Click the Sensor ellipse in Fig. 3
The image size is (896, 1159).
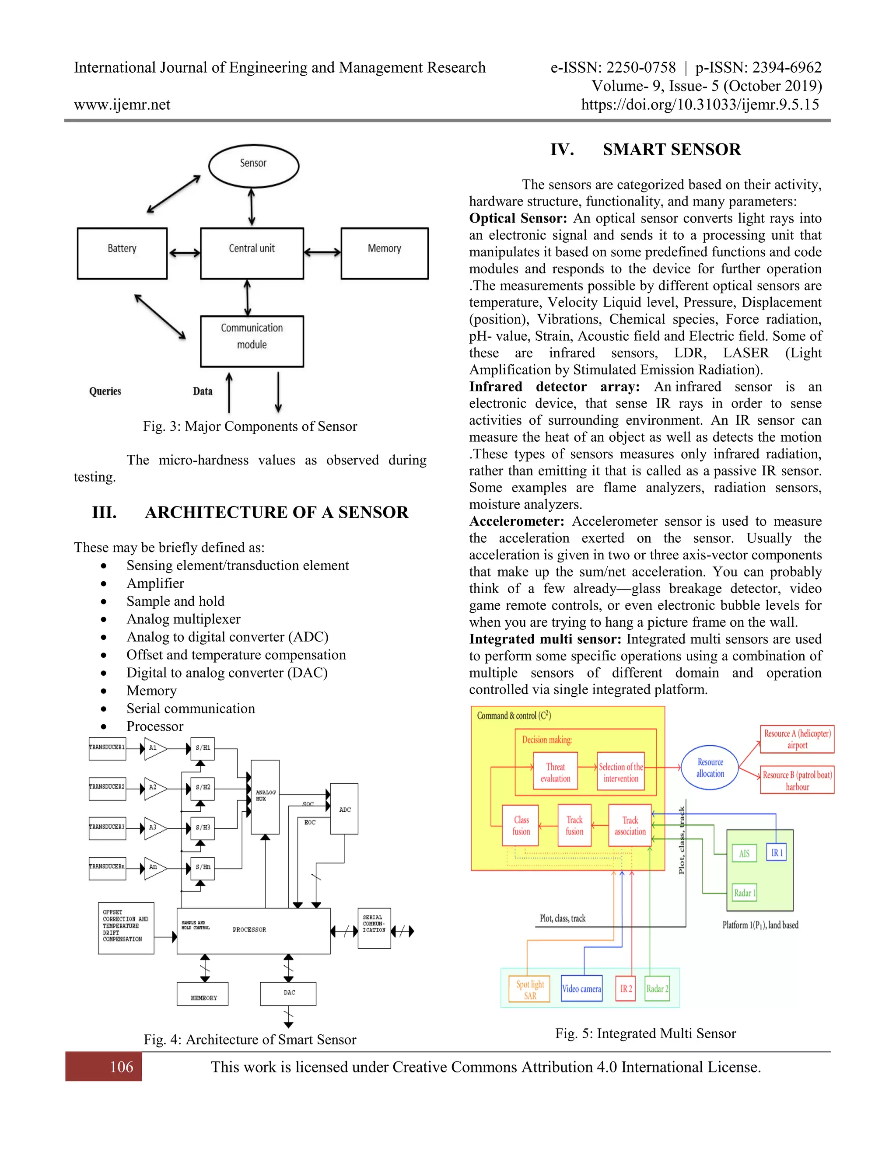tap(253, 166)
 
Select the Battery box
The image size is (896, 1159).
tap(122, 253)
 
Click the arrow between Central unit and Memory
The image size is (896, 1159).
tap(322, 253)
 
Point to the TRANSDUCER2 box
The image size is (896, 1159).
tap(107, 788)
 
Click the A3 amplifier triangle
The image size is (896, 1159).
tap(154, 828)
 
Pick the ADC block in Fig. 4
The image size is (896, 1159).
tap(344, 809)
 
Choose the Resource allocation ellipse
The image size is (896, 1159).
tap(710, 768)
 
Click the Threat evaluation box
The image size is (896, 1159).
tap(555, 772)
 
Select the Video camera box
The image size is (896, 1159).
tap(581, 988)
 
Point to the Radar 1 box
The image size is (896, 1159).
tap(744, 893)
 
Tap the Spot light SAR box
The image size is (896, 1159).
tap(529, 989)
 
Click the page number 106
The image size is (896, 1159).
tap(122, 1067)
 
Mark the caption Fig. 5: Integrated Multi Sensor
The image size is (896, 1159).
tap(645, 1033)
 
